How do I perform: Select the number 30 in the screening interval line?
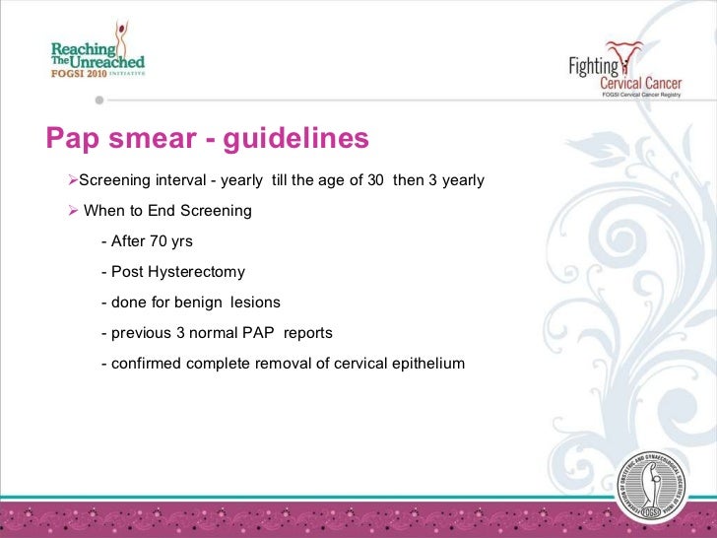pyautogui.click(x=375, y=180)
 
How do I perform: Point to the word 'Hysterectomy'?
pyautogui.click(x=197, y=272)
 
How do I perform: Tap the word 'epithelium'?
pyautogui.click(x=426, y=364)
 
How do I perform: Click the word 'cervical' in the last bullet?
pyautogui.click(x=353, y=364)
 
